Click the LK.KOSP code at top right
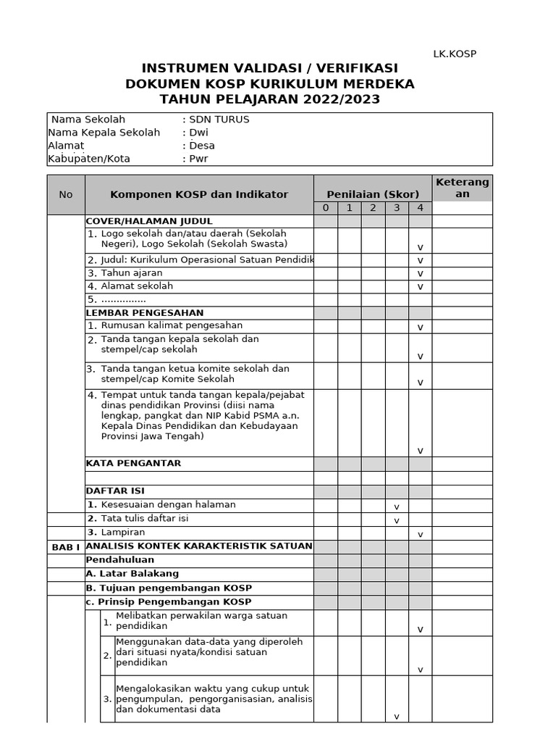click(x=454, y=54)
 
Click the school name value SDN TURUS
click(x=218, y=120)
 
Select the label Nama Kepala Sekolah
click(x=104, y=133)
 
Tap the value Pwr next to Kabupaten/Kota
click(x=198, y=159)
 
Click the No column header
click(x=66, y=194)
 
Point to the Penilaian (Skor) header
click(x=373, y=194)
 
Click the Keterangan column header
click(x=463, y=188)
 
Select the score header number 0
click(x=326, y=208)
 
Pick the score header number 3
click(x=397, y=208)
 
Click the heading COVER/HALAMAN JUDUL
click(x=149, y=221)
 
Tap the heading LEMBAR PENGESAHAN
click(x=145, y=313)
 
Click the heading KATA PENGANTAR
click(x=134, y=463)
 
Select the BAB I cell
click(x=66, y=547)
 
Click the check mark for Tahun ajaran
click(x=420, y=274)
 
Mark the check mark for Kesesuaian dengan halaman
click(x=397, y=507)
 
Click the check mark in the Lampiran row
click(x=420, y=534)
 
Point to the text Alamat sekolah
click(x=137, y=286)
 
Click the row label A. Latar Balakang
click(x=132, y=574)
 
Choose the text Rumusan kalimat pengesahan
click(x=172, y=326)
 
